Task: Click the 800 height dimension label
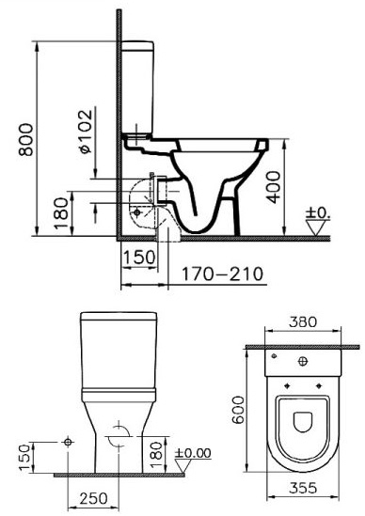click(x=26, y=139)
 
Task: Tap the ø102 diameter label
click(x=86, y=132)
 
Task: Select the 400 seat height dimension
click(x=274, y=187)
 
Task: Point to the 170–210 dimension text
click(x=223, y=274)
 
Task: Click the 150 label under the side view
click(x=138, y=257)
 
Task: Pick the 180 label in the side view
click(x=61, y=213)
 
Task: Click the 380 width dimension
click(x=303, y=321)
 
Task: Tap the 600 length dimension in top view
click(x=238, y=410)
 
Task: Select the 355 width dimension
click(x=303, y=488)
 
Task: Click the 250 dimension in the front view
click(x=93, y=498)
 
